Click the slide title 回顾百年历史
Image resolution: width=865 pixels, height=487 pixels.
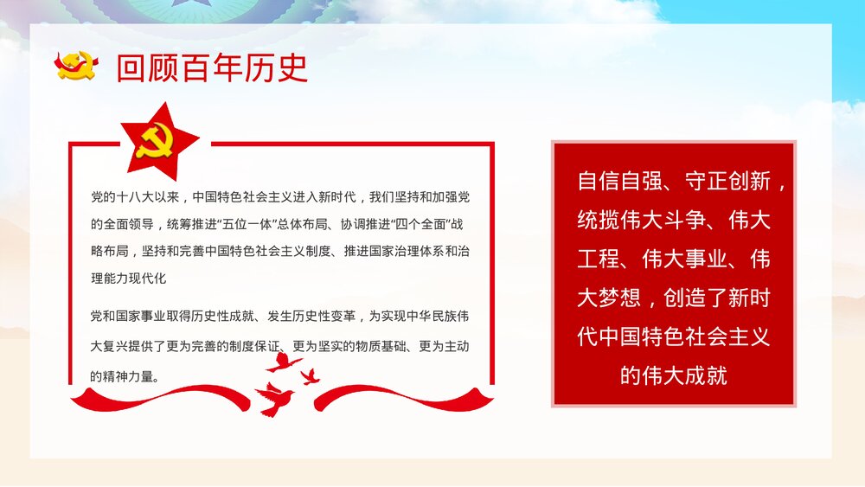point(212,68)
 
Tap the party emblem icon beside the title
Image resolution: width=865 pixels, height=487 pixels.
point(78,66)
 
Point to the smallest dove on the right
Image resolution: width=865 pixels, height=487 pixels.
point(310,376)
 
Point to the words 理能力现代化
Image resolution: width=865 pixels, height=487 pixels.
point(128,279)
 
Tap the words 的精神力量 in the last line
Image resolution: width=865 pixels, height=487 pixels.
point(123,376)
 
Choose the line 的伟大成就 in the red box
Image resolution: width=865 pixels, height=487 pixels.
point(674,375)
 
